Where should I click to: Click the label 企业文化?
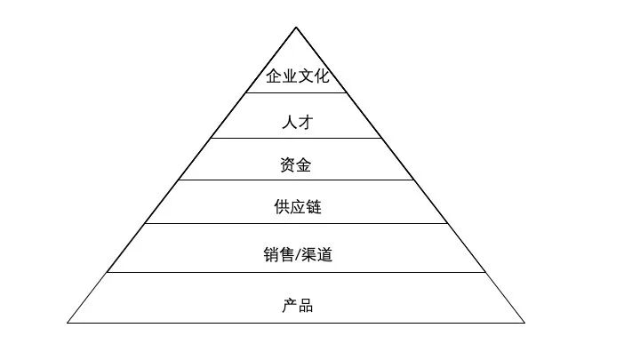(297, 76)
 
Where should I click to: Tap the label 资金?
(297, 164)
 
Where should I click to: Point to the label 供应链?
(297, 208)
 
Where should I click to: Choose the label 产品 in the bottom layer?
(297, 306)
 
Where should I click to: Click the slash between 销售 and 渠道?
(297, 256)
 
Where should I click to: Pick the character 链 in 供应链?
(312, 208)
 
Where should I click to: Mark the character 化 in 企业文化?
(319, 76)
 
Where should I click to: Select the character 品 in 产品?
(305, 306)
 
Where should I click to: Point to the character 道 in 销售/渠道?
(324, 256)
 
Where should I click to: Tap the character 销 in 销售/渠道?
(270, 256)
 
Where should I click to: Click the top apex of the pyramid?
(296, 28)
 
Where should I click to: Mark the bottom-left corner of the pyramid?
(68, 323)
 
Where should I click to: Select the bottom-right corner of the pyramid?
(524, 323)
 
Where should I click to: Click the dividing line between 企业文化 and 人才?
(296, 92)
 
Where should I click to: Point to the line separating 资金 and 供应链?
(296, 180)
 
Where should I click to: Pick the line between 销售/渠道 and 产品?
(296, 273)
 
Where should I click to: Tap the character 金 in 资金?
(305, 164)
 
